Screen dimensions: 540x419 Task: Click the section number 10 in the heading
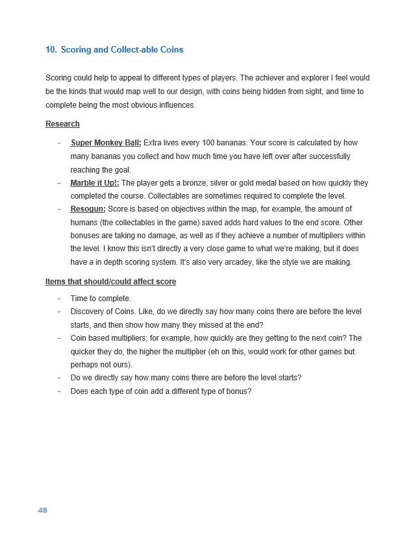point(50,49)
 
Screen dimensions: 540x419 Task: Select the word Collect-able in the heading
point(134,49)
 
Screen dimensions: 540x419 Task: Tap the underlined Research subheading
point(62,124)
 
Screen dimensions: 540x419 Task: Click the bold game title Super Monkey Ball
point(106,143)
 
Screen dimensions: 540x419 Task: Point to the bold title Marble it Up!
point(95,183)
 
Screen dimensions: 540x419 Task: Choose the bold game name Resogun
point(88,209)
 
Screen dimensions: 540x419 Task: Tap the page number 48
point(43,510)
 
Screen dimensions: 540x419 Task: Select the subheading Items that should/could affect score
point(110,282)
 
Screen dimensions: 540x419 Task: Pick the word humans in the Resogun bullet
point(84,223)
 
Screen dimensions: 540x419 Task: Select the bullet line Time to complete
point(100,299)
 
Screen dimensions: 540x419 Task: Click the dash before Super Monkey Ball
point(59,143)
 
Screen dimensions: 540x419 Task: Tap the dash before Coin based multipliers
point(59,338)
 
